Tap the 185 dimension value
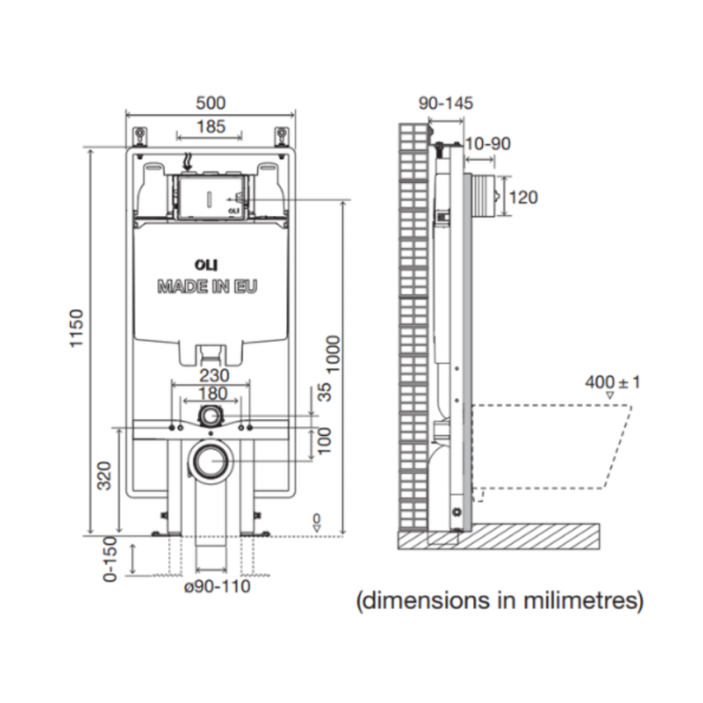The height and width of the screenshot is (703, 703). (210, 127)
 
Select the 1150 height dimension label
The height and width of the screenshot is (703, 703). (77, 329)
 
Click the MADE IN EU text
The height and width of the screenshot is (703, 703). (208, 287)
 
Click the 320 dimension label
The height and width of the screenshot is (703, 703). (106, 476)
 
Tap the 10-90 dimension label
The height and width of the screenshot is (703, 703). (487, 144)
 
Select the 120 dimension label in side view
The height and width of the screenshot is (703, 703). (523, 197)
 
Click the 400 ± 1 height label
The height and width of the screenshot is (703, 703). (613, 382)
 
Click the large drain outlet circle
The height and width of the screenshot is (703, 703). (212, 460)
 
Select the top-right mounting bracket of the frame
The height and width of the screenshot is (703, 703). (281, 134)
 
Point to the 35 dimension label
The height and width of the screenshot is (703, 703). (324, 391)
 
